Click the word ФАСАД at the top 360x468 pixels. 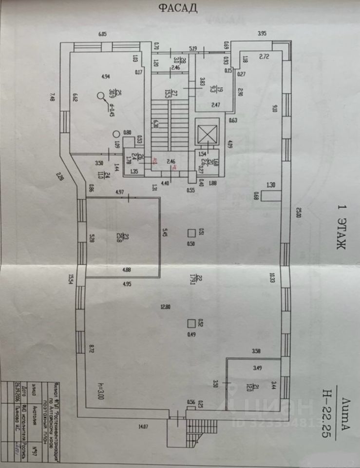(x=177, y=8)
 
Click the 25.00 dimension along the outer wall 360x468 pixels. (x=298, y=213)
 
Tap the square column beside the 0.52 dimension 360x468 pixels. (x=192, y=323)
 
